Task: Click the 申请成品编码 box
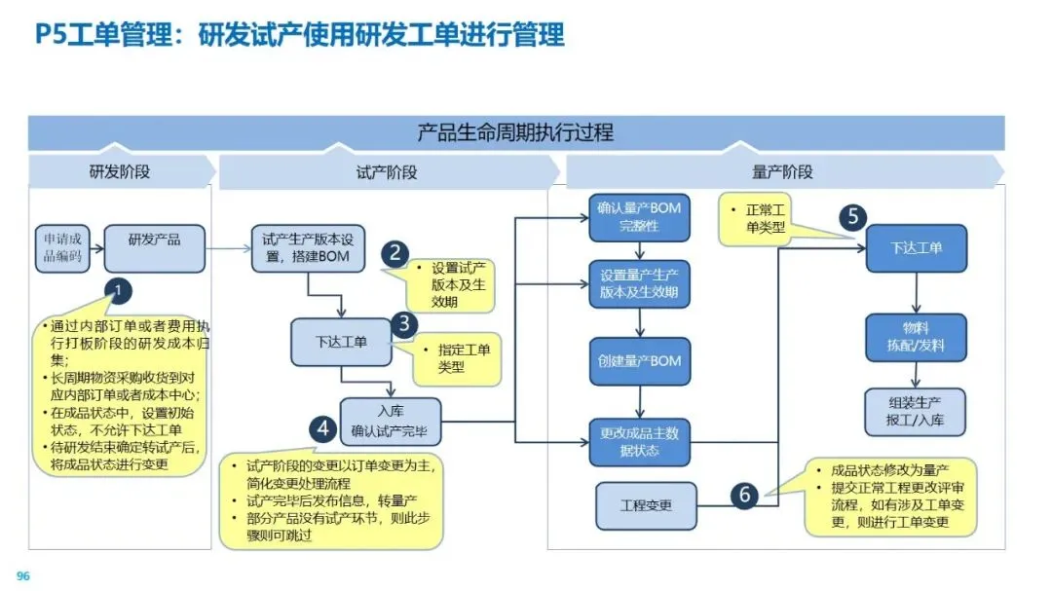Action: [61, 248]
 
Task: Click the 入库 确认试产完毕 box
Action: [389, 421]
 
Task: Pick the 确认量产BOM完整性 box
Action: [639, 217]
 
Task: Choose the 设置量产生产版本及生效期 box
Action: [639, 282]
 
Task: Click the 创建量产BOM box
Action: [639, 360]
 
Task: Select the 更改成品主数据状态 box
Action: [639, 442]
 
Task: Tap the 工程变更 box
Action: [646, 505]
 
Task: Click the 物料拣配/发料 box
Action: [916, 337]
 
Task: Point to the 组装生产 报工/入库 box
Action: [916, 412]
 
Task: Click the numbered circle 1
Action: [118, 291]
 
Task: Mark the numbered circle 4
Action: [323, 429]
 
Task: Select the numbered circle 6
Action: [745, 496]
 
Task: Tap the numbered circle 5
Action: [852, 216]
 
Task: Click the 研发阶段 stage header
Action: [120, 172]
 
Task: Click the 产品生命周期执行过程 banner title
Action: [515, 132]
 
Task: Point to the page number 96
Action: [23, 576]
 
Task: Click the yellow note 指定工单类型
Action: [457, 358]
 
